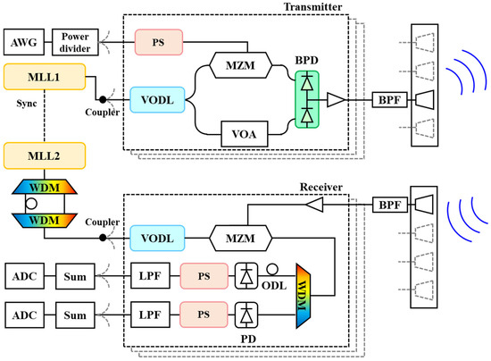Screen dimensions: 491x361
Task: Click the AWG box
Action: tap(24, 42)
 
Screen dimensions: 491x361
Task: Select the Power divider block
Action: tap(75, 42)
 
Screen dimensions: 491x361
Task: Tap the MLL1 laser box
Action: tap(45, 77)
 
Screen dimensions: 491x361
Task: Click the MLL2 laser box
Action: tap(45, 155)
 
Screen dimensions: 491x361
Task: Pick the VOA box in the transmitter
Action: tap(245, 134)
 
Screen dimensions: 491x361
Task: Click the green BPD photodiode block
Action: tap(307, 100)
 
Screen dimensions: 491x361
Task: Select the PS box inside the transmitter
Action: tap(159, 42)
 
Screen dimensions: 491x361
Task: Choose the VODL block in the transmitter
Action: tap(157, 100)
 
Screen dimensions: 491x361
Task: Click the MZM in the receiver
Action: tap(240, 239)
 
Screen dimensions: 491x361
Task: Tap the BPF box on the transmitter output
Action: tap(389, 100)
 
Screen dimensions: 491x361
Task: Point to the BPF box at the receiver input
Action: tap(390, 205)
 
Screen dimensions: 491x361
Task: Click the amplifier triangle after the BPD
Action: tap(336, 100)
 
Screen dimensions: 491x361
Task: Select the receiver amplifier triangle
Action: tap(314, 205)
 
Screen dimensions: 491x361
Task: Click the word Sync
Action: tap(27, 104)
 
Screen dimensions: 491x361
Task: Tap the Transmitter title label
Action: tap(312, 7)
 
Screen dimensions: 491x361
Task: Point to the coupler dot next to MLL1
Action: tap(103, 100)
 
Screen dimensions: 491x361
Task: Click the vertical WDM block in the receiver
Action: tap(304, 296)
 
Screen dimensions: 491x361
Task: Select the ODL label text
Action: tap(274, 286)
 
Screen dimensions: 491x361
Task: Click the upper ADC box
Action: tap(24, 276)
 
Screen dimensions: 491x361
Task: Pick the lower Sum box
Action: tap(75, 315)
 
